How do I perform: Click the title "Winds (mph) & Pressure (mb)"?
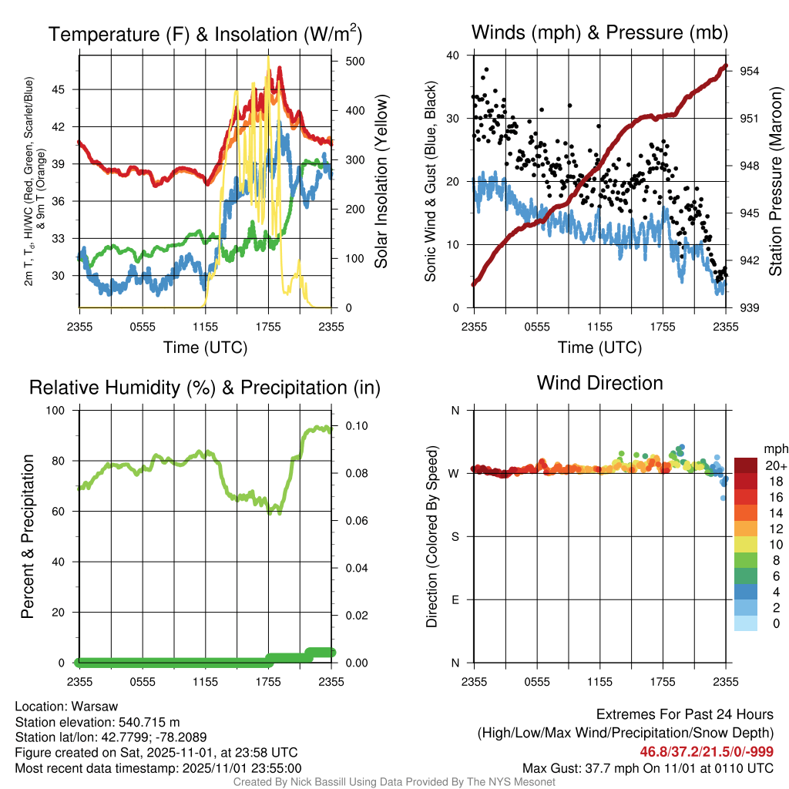click(599, 32)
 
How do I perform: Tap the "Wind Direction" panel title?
click(599, 383)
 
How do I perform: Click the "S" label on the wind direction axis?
click(455, 536)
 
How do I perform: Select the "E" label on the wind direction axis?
click(455, 599)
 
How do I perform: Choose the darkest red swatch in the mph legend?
click(746, 465)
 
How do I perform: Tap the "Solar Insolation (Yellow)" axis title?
click(381, 182)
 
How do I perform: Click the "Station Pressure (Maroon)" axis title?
click(776, 182)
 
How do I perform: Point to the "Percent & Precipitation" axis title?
click(28, 536)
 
